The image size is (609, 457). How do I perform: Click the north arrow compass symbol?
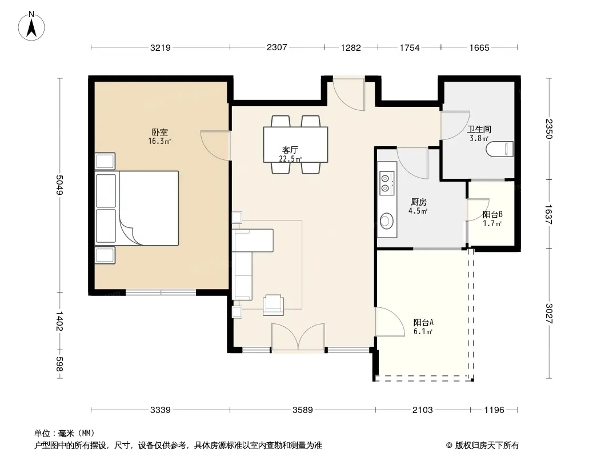(31, 26)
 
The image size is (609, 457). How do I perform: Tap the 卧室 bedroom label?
(159, 133)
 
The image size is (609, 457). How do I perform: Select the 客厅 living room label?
(290, 150)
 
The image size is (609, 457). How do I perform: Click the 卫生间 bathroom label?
(479, 129)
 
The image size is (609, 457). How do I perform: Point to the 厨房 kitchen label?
(418, 202)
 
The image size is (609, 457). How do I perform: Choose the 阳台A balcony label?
(423, 322)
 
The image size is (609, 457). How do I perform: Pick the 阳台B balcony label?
(492, 214)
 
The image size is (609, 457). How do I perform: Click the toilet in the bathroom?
(500, 149)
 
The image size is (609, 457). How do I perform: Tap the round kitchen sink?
(386, 221)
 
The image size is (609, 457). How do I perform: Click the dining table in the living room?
(295, 145)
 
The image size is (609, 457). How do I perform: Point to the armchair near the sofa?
(274, 305)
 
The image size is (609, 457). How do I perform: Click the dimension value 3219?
(161, 48)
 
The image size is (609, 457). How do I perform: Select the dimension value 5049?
(59, 185)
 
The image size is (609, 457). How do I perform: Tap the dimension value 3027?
(549, 314)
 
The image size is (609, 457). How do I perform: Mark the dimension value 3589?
(303, 410)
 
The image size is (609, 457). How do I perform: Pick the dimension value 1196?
(494, 410)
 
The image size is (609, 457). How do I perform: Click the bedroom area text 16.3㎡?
(159, 141)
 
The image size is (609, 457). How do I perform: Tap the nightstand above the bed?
(105, 161)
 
